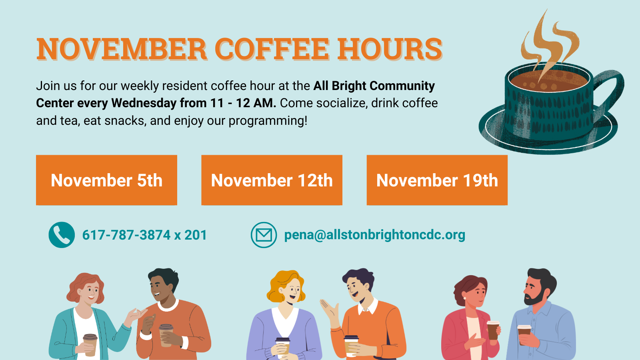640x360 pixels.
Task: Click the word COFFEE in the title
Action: click(x=272, y=49)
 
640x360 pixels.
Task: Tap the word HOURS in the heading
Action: click(x=390, y=49)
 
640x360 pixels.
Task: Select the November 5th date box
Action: click(x=106, y=180)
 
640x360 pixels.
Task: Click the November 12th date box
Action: click(x=272, y=180)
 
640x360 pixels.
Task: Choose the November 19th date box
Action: click(x=437, y=180)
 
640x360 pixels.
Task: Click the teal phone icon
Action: click(x=62, y=235)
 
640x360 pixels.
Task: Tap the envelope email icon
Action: click(x=264, y=235)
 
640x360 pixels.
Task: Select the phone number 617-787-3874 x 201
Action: click(x=144, y=235)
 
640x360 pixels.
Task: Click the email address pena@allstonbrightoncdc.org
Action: click(x=374, y=235)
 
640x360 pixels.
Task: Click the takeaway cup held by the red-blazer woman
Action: click(x=493, y=330)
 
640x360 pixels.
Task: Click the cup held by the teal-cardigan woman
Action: click(x=90, y=345)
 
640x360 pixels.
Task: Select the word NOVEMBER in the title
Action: click(x=122, y=49)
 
